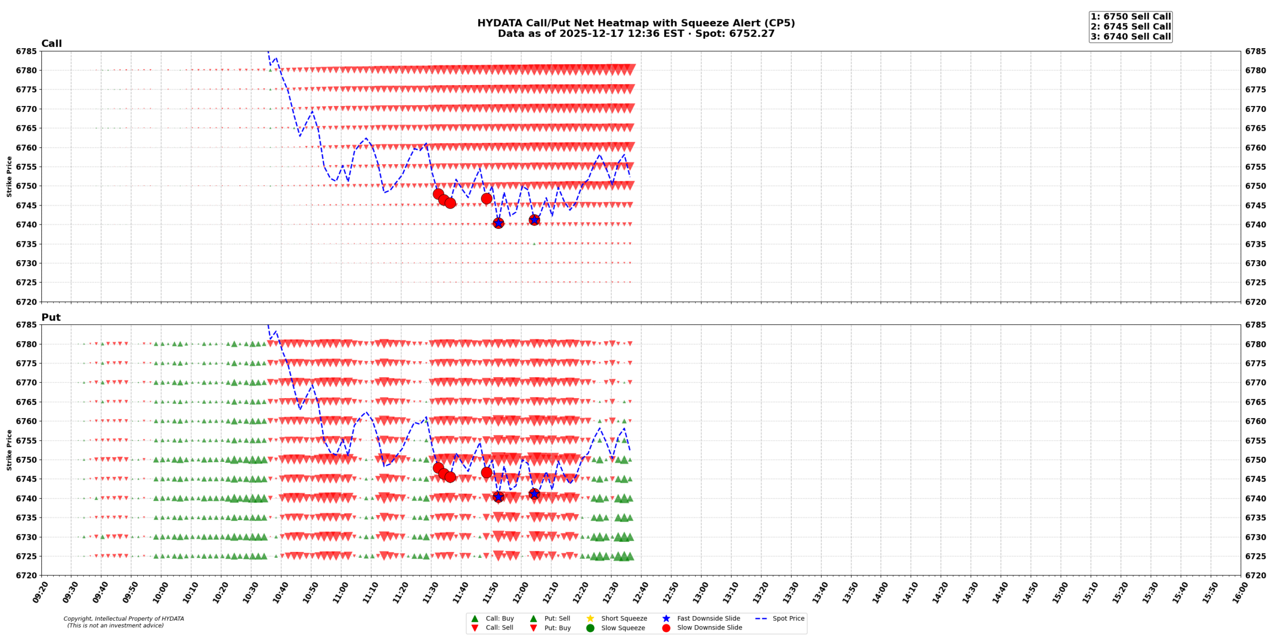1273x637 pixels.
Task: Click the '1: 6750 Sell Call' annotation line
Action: tap(1130, 16)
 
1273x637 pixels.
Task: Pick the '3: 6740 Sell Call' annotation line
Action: tap(1130, 36)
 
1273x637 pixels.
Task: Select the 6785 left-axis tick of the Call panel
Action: tap(26, 51)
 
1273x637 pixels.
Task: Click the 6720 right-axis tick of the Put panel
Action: tap(1256, 575)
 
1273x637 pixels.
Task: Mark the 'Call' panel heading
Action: tap(51, 43)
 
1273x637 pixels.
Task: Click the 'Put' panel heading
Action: tap(51, 317)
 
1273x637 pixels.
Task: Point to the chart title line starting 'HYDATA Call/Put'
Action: tap(636, 23)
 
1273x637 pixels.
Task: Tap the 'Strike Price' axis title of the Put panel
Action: tap(9, 450)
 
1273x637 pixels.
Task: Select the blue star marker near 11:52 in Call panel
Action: tap(498, 223)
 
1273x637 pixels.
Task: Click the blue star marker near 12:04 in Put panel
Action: tap(534, 494)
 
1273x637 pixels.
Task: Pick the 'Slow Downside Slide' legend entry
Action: tap(709, 628)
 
